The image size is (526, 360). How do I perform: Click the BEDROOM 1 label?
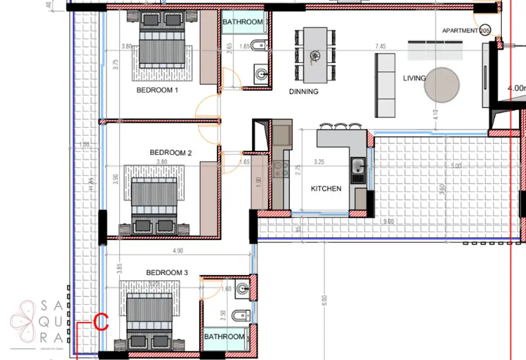pyautogui.click(x=157, y=90)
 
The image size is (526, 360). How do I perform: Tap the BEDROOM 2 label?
pyautogui.click(x=171, y=153)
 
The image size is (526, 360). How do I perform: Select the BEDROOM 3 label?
pyautogui.click(x=167, y=273)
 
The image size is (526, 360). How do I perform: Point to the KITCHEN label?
pyautogui.click(x=326, y=188)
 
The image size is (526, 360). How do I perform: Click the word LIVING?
pyautogui.click(x=414, y=78)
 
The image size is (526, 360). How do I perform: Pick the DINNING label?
pyautogui.click(x=304, y=92)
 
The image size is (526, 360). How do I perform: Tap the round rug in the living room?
pyautogui.click(x=442, y=86)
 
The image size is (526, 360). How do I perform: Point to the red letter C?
pyautogui.click(x=102, y=323)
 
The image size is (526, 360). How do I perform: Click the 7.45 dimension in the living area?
pyautogui.click(x=381, y=47)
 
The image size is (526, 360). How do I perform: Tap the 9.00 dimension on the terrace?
pyautogui.click(x=388, y=221)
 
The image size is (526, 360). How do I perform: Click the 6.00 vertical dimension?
pyautogui.click(x=324, y=299)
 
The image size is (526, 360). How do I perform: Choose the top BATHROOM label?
pyautogui.click(x=242, y=22)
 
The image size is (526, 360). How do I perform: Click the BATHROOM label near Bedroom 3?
pyautogui.click(x=224, y=337)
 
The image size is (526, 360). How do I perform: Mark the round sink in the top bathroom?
pyautogui.click(x=262, y=75)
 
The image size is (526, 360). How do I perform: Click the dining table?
pyautogui.click(x=315, y=55)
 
